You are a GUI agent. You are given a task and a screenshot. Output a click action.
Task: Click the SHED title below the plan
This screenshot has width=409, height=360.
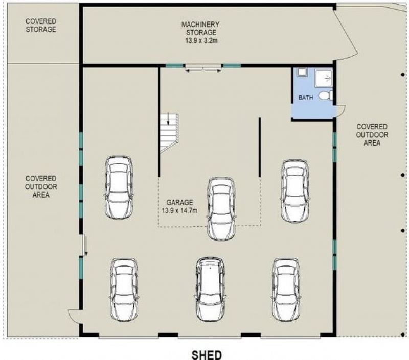coord(207,355)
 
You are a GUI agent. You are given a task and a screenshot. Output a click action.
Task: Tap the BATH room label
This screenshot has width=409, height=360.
coord(306,98)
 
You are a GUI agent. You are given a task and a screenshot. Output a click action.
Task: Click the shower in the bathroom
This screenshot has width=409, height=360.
coord(324,78)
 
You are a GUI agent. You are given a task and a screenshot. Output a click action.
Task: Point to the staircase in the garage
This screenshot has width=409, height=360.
coord(169,133)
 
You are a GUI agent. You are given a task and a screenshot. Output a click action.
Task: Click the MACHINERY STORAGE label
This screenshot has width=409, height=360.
coord(201,29)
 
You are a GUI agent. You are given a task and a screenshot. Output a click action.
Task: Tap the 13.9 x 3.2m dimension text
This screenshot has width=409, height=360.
coord(201,41)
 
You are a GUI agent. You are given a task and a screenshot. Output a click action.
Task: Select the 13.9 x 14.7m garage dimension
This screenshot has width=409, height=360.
coord(179,210)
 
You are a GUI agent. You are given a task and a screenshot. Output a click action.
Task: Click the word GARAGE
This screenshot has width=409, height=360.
coord(180,202)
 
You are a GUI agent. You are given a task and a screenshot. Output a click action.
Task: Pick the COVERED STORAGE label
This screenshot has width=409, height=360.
coord(41,25)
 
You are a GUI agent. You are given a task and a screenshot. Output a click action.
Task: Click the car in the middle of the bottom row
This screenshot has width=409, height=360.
coord(210,289)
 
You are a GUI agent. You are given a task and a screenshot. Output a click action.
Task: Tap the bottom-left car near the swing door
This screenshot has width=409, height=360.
coord(124,290)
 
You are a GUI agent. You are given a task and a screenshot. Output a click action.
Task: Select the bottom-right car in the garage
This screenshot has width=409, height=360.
coord(286,290)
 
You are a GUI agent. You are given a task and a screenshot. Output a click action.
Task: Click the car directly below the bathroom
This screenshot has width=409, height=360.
coord(295,191)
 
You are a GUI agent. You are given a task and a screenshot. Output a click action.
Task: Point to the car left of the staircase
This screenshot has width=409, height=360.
coord(119,187)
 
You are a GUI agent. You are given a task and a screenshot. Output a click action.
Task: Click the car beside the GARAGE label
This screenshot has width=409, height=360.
coord(221,209)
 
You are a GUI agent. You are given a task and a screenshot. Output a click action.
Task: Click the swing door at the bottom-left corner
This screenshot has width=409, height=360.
coord(74,316)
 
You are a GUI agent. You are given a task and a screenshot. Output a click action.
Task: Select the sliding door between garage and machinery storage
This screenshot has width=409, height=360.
coord(203,68)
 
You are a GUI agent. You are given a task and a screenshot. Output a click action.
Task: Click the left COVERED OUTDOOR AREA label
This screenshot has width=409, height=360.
coord(41,186)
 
